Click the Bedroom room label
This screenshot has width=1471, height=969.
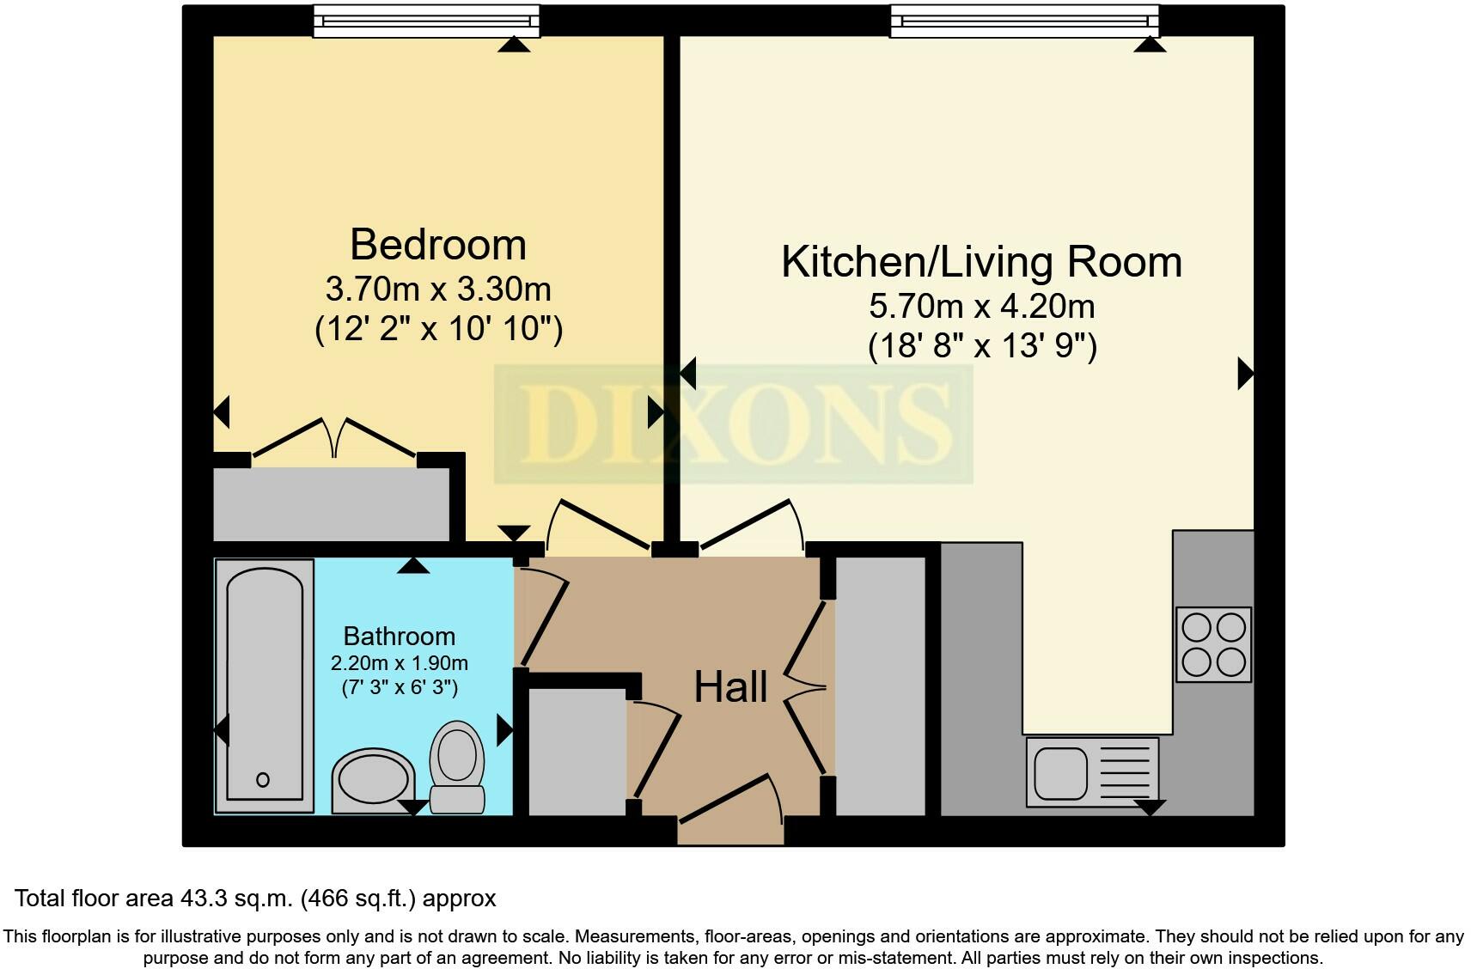(x=437, y=245)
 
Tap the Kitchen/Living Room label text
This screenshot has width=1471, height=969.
(x=981, y=262)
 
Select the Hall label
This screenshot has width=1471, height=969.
(x=730, y=687)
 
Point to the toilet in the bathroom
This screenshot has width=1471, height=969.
(x=457, y=765)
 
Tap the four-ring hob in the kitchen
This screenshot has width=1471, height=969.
(x=1213, y=644)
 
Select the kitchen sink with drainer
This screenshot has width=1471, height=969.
(x=1092, y=771)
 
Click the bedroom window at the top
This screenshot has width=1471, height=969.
(x=426, y=21)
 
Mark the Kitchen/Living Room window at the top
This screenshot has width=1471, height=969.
(x=1024, y=21)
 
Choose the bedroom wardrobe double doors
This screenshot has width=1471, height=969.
(x=333, y=438)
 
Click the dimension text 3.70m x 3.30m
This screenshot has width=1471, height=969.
(x=437, y=289)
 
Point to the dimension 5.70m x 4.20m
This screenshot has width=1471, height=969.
(x=981, y=306)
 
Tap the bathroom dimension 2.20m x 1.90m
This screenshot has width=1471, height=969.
(x=399, y=663)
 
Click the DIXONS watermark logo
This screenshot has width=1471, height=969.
(x=733, y=424)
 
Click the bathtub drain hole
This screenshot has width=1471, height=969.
(x=263, y=780)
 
